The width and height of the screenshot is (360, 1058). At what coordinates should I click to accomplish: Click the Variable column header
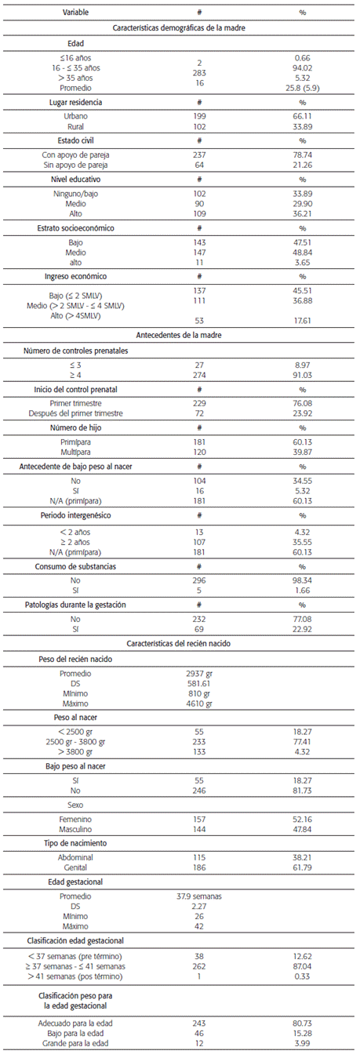75,13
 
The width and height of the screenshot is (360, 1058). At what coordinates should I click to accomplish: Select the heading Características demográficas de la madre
180,27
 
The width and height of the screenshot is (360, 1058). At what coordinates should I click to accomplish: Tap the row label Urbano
75,115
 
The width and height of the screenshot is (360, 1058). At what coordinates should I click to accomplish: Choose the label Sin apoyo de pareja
75,165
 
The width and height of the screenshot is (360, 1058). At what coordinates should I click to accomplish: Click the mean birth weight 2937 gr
199,673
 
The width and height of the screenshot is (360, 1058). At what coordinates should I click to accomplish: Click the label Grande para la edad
75,1044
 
